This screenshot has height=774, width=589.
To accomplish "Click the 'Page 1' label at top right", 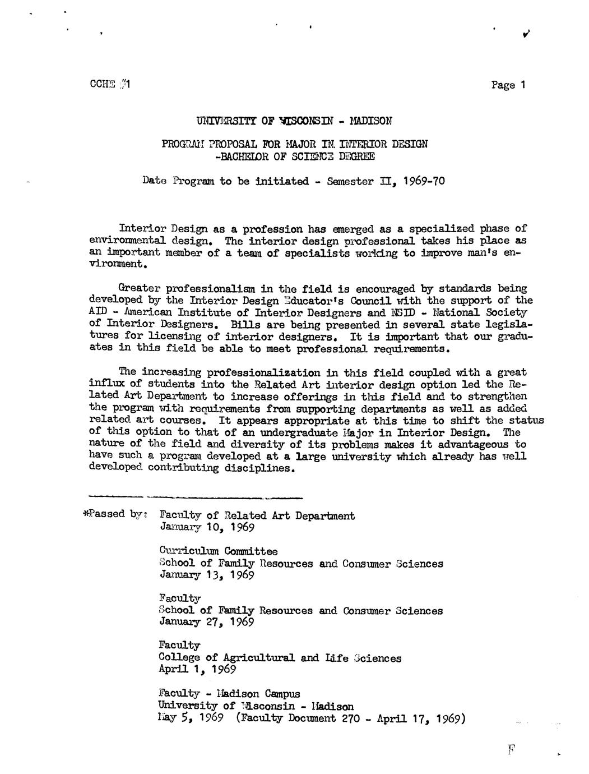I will pos(508,85).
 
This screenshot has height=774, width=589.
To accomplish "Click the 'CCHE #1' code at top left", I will pos(110,85).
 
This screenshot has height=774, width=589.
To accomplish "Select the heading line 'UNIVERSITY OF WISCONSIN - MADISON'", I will pos(294,121).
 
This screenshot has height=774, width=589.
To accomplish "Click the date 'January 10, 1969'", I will pos(207,528).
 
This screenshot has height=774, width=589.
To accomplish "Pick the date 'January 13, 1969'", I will pos(207,575).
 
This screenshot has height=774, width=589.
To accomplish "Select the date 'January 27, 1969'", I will pos(207,622).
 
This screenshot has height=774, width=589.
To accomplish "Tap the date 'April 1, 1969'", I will pos(197,669).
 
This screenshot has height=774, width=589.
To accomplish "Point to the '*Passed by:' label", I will pos(115,514).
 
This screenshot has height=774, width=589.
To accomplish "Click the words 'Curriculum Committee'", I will pos(218,551).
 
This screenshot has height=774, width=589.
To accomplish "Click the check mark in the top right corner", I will pos(526,34).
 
